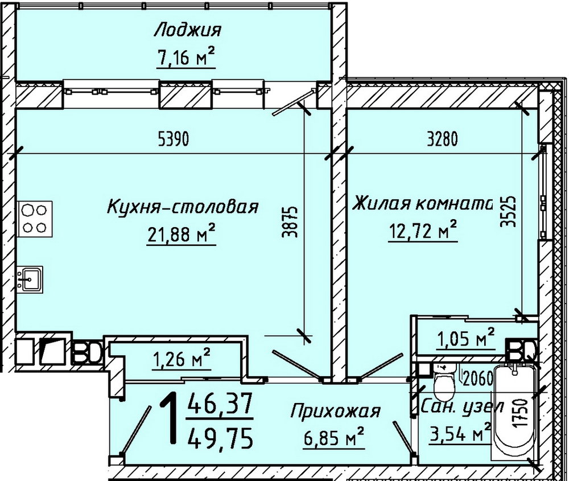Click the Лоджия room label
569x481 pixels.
(187, 30)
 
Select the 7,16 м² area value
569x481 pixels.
(187, 56)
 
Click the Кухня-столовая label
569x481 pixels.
(182, 207)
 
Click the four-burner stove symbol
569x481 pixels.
(34, 219)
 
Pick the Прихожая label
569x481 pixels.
(335, 410)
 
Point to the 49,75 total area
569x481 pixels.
(224, 439)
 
